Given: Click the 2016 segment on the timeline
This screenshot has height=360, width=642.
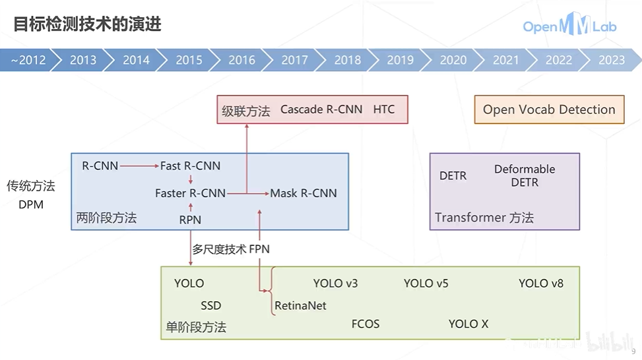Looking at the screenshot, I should (241, 60).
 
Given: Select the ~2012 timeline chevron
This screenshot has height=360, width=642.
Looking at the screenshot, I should (28, 60).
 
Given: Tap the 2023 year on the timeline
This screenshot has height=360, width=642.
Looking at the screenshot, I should (611, 60).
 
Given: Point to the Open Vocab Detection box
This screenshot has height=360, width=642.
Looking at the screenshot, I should (548, 109).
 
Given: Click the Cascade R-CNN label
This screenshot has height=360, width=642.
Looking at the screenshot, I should (321, 109).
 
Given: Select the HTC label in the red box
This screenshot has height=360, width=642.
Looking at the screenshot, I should (384, 109).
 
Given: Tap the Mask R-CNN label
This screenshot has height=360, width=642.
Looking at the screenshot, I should (304, 193).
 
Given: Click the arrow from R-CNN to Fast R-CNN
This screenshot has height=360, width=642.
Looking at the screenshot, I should (139, 166).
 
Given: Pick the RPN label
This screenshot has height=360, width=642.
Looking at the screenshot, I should (190, 220).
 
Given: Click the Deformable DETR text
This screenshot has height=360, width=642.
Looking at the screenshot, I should (525, 175).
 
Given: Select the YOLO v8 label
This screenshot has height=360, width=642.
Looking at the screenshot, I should (541, 284).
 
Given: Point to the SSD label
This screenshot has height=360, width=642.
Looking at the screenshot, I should (211, 306).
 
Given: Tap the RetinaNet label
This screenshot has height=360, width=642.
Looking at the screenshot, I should (300, 306).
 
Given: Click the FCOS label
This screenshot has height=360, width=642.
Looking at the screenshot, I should (366, 324).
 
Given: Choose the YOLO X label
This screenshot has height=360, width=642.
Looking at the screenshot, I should (468, 324).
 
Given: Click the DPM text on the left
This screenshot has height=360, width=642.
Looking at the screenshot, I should (31, 204).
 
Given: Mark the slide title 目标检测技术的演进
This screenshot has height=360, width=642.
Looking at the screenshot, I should (88, 25).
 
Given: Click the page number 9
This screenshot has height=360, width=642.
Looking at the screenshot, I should (633, 351).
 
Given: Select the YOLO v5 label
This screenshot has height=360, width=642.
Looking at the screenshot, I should (426, 284).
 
